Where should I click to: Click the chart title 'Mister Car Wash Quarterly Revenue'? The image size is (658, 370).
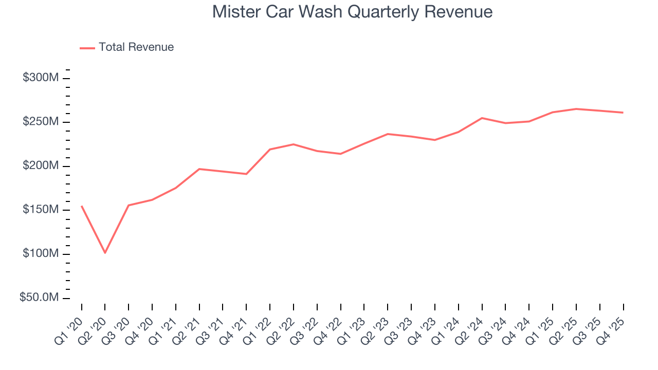[x=352, y=12]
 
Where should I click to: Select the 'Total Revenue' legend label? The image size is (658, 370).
[x=136, y=47]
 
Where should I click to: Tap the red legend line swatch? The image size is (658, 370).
[x=87, y=48]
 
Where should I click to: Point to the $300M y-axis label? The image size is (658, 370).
[x=40, y=78]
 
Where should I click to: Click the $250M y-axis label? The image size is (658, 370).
[x=40, y=122]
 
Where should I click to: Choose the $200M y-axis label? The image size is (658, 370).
[x=40, y=166]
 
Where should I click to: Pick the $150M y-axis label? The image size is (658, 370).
[x=40, y=210]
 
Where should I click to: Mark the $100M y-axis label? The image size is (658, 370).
[x=40, y=254]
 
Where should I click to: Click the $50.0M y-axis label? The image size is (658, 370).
[x=39, y=298]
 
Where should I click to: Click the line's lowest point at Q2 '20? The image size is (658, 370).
[x=105, y=253]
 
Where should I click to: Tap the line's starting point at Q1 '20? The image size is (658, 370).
[x=82, y=206]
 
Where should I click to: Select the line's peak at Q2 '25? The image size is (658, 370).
[x=576, y=109]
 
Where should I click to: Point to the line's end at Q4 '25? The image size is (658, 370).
[x=623, y=113]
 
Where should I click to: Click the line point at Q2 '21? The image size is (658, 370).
[x=199, y=169]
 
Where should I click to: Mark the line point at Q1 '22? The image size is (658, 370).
[x=270, y=150]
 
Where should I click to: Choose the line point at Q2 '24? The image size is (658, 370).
[x=482, y=118]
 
